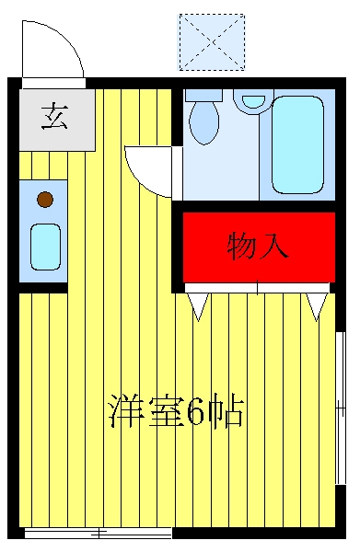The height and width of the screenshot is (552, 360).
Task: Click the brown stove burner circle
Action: click(x=45, y=200)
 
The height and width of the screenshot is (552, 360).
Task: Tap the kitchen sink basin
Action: click(x=45, y=247)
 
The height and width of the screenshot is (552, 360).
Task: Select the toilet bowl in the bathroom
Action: click(x=204, y=121)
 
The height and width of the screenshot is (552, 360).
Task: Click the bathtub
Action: click(x=297, y=144)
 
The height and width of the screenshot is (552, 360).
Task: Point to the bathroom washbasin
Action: click(x=253, y=101)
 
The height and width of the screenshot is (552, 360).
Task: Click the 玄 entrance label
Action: click(x=54, y=116)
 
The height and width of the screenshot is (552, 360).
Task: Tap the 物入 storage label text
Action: click(x=258, y=246)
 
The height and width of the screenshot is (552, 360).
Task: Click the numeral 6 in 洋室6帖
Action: click(x=195, y=412)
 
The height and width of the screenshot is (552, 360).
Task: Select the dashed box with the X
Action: click(x=212, y=42)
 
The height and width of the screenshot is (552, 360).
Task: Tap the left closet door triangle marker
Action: click(x=198, y=306)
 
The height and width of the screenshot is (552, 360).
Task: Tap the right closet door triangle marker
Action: click(x=317, y=306)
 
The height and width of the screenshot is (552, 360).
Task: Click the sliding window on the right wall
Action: click(x=341, y=408)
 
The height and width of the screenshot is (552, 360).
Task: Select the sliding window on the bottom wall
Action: click(x=98, y=533)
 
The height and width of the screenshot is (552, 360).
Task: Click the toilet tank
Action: click(x=203, y=95)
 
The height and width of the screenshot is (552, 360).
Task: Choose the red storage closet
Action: click(x=259, y=247)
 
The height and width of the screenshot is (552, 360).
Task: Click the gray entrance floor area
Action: click(x=57, y=120)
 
